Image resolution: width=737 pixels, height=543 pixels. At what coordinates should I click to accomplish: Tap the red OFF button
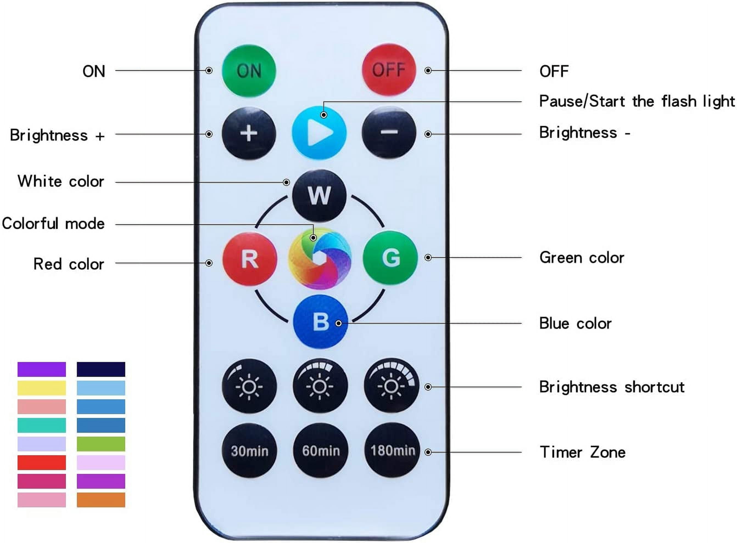coord(389,70)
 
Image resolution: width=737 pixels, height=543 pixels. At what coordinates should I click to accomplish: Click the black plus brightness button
coord(249,133)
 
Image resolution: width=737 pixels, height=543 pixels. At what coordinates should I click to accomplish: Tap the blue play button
coord(319,132)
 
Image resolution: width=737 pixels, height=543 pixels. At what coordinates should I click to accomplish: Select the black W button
coord(319,196)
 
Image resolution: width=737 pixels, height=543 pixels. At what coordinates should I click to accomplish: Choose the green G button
coord(390,258)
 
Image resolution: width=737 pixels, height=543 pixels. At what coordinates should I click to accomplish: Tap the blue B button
coord(320,321)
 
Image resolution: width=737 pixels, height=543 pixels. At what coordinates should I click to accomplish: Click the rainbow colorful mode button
coord(319,259)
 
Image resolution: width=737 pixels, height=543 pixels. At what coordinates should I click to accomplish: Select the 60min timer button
coord(320,450)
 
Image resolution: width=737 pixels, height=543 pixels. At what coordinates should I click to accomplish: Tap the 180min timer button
coord(392,450)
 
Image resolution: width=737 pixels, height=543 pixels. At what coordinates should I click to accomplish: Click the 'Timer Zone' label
coord(582,452)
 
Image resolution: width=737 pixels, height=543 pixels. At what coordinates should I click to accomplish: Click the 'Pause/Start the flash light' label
coord(637,101)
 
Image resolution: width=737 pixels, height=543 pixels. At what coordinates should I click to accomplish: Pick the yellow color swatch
coord(41,388)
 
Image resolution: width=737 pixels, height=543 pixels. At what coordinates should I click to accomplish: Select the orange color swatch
coord(101,500)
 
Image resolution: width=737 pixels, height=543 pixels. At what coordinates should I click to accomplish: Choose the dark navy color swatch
coord(101,369)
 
